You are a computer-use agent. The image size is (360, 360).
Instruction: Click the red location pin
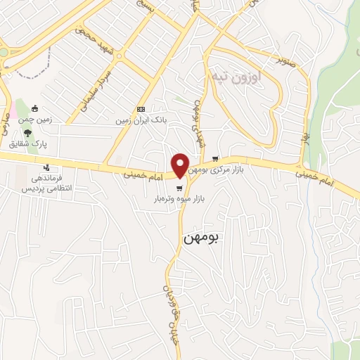[180, 165]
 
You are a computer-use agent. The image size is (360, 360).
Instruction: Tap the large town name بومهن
[201, 238]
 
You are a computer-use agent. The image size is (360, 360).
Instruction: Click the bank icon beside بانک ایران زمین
[141, 109]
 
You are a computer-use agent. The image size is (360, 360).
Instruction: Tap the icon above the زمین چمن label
[36, 108]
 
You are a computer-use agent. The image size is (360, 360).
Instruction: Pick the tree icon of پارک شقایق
[28, 131]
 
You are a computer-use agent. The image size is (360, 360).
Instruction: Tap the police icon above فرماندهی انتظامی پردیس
[46, 167]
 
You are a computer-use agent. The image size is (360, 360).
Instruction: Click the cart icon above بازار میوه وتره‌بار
[181, 188]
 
